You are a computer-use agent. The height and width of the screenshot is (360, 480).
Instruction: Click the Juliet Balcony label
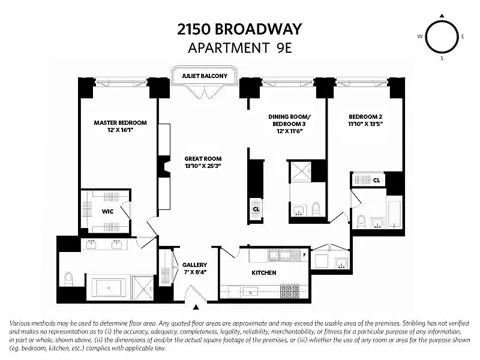205,76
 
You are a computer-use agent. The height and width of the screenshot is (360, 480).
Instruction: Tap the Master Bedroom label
121,123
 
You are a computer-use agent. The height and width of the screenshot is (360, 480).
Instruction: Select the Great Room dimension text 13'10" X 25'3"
203,166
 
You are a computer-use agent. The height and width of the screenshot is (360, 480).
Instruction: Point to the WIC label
107,212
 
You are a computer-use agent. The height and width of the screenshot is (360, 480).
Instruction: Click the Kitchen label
264,273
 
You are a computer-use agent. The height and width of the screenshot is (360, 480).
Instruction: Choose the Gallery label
194,265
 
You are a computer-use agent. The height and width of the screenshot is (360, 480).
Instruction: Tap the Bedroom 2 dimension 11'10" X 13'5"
365,124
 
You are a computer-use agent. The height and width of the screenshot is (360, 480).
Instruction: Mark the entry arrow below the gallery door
196,307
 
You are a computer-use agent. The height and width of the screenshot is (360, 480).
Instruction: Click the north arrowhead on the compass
442,16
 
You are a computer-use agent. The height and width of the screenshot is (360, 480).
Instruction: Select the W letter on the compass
420,37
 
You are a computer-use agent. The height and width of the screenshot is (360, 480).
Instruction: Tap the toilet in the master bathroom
68,278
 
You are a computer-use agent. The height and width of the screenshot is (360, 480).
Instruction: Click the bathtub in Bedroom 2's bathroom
394,214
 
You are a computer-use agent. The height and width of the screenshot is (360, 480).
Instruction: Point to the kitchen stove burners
290,291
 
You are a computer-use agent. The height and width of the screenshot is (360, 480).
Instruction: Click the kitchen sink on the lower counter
250,292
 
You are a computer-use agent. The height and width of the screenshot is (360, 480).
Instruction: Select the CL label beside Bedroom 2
377,181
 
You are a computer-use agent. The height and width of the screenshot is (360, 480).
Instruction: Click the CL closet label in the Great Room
256,209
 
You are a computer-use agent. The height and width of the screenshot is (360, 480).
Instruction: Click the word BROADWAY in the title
258,29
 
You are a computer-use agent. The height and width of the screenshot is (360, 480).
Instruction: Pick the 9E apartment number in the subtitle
284,48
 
